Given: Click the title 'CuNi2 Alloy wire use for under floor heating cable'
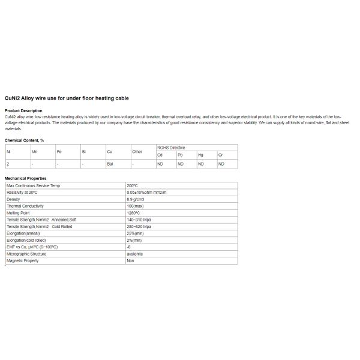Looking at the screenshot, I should pos(67,98).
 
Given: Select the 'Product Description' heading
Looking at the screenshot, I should pos(23,111).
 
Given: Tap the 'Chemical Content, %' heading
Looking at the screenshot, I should pos(25,140).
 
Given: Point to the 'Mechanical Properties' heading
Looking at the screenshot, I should pos(26,179).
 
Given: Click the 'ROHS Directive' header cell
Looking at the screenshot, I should pos(171,148).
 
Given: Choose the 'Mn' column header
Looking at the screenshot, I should pos(34,152).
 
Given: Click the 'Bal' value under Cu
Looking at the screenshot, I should pos(110,164).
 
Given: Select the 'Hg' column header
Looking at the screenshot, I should pos(200,155).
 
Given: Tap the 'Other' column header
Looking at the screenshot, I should pos(137,152).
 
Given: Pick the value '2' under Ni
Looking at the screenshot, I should pos(7,164).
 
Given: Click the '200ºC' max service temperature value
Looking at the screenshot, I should pos(133,186).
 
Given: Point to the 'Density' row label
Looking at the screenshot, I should pos(13,199).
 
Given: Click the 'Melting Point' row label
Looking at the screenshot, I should pos(18,213).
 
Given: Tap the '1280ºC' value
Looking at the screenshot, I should pos(133,213).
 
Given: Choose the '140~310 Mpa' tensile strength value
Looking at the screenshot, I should pos(139,220).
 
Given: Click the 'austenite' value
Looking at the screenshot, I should pos(134,254).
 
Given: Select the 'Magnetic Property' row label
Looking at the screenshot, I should pos(22,261).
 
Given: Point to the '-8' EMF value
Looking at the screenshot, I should pos(129,247).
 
